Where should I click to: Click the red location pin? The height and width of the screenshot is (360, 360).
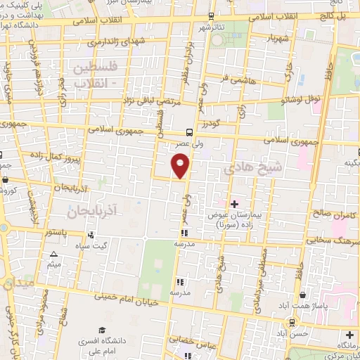tap(181, 166)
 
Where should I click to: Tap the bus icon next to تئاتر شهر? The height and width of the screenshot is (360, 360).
tap(212, 15)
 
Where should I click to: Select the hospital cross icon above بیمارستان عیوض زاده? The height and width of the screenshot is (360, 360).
tap(235, 204)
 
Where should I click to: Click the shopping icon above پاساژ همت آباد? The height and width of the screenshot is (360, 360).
tap(303, 295)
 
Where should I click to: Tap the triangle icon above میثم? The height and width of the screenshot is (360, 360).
tap(53, 254)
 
